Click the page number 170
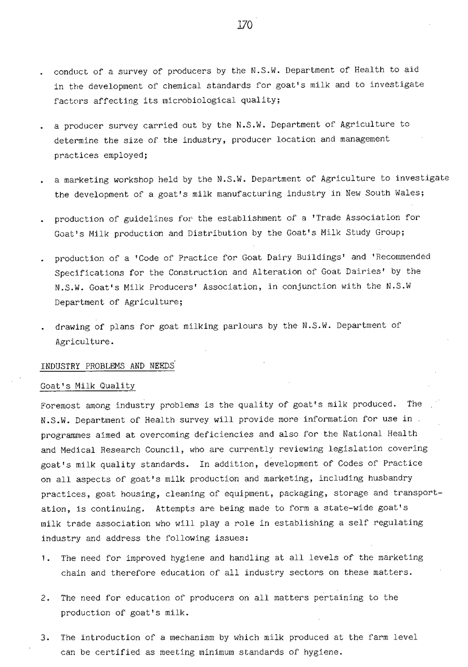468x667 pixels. (x=244, y=24)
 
